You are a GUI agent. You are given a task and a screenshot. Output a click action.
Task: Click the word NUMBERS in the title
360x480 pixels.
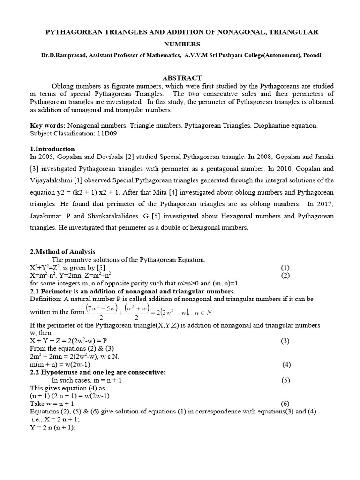pos(181,44)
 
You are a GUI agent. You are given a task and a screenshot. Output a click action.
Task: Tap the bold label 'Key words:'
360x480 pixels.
pos(47,126)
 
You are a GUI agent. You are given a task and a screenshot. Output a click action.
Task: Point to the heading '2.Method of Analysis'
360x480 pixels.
pos(62,252)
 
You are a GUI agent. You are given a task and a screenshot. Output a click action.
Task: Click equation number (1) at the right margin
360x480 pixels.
pos(285,268)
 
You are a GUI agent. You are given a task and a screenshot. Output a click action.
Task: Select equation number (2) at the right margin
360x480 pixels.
pos(285,275)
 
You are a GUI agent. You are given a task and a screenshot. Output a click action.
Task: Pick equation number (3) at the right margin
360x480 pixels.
pos(285,341)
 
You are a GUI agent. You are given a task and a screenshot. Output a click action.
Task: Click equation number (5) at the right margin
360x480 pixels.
pos(285,380)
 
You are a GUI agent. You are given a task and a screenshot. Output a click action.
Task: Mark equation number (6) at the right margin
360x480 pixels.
pos(285,404)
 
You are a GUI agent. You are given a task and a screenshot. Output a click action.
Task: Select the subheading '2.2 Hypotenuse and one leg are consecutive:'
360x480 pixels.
pos(97,372)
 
